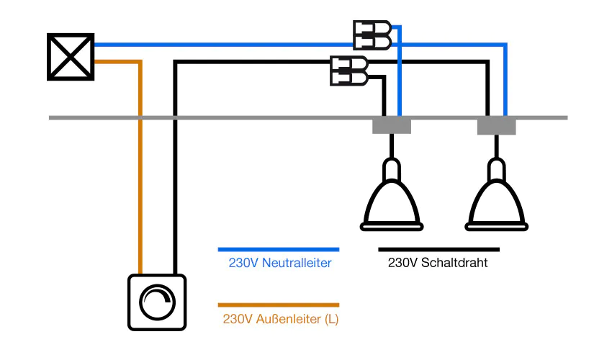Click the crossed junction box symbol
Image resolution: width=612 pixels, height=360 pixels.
click(x=71, y=56)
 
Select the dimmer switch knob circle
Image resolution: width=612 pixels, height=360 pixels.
click(x=157, y=302)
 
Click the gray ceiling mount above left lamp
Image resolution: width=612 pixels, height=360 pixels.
click(x=392, y=126)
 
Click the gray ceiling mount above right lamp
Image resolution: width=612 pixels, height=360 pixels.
click(x=497, y=126)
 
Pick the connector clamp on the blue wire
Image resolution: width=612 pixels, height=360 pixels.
click(x=372, y=35)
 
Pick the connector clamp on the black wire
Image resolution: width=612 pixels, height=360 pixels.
click(x=348, y=70)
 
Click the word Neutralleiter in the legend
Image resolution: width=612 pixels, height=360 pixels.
click(x=296, y=264)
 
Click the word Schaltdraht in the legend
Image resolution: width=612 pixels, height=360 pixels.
click(x=454, y=264)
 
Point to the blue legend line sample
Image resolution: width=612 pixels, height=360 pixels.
click(x=278, y=249)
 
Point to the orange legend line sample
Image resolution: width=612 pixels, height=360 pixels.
click(x=278, y=305)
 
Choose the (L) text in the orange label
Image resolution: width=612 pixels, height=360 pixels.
click(x=332, y=319)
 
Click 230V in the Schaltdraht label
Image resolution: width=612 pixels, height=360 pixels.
click(x=402, y=264)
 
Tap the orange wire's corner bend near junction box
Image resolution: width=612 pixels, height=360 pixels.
click(x=141, y=62)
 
